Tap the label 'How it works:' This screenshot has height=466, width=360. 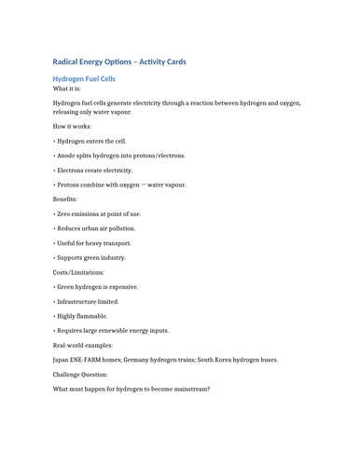coord(71,125)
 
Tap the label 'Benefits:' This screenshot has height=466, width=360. coord(64,199)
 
